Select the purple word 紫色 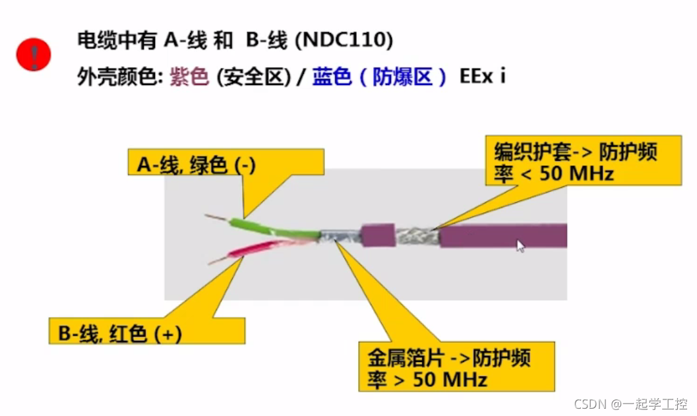(189, 77)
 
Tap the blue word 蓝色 (332, 77)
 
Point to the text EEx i (483, 76)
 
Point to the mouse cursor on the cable (520, 246)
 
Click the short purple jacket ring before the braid (377, 237)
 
